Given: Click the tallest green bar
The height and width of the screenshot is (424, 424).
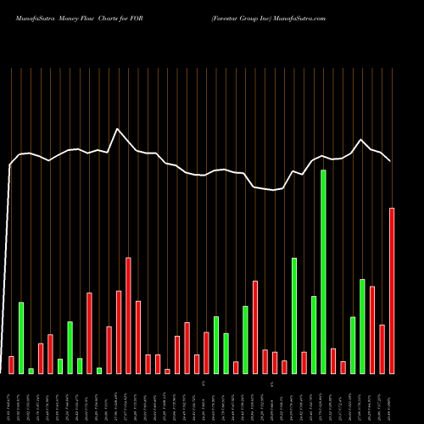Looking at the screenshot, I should pyautogui.click(x=323, y=271).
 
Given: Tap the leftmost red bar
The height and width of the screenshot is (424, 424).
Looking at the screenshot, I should pyautogui.click(x=11, y=365).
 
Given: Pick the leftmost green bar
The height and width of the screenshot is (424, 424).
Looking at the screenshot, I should pyautogui.click(x=21, y=338).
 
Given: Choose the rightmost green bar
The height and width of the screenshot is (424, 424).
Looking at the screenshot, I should pyautogui.click(x=362, y=326).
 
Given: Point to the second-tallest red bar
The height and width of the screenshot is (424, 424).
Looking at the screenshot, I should pyautogui.click(x=129, y=315).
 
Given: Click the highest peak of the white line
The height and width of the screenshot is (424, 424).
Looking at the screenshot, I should pyautogui.click(x=118, y=129).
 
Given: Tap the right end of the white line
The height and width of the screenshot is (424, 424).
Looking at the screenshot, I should pyautogui.click(x=391, y=161).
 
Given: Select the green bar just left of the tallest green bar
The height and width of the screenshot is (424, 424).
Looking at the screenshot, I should pyautogui.click(x=314, y=334).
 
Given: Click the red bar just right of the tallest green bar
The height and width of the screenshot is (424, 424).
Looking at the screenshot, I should pyautogui.click(x=333, y=360).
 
